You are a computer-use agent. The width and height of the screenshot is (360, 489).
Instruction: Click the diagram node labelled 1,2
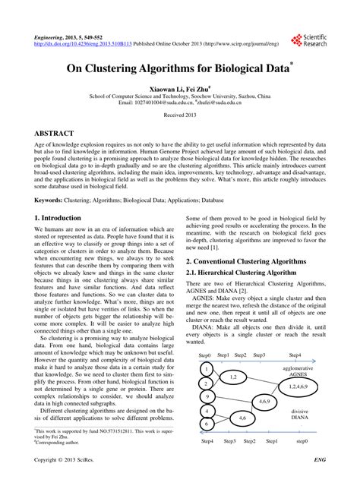click(x=233, y=377)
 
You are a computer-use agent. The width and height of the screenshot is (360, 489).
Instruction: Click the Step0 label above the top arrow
click(x=204, y=355)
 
